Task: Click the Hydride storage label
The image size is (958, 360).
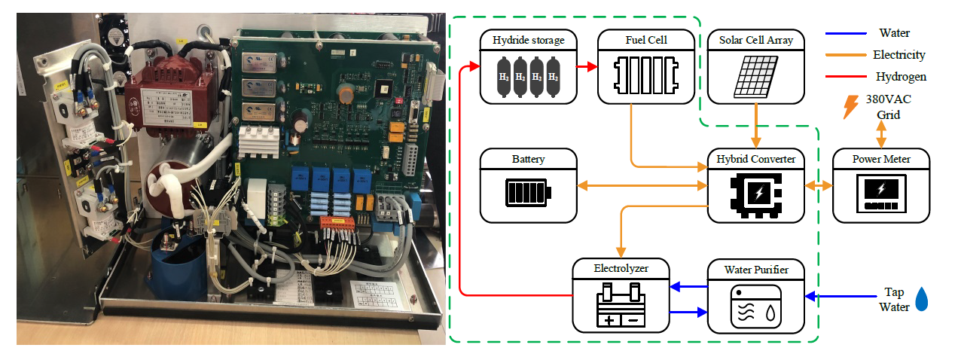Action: pyautogui.click(x=528, y=39)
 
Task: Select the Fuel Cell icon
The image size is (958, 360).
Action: pyautogui.click(x=645, y=76)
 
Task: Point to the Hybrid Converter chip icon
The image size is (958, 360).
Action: pyautogui.click(x=755, y=194)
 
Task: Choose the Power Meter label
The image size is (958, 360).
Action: pyautogui.click(x=881, y=159)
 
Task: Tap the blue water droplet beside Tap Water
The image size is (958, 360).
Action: pyautogui.click(x=921, y=299)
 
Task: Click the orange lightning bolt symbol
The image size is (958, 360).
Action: pyautogui.click(x=850, y=106)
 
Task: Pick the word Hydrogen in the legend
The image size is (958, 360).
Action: pyautogui.click(x=901, y=76)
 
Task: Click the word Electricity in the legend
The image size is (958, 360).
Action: pyautogui.click(x=899, y=55)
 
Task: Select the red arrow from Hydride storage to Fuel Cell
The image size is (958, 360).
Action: pyautogui.click(x=587, y=66)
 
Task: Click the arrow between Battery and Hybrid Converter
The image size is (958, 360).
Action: pyautogui.click(x=642, y=185)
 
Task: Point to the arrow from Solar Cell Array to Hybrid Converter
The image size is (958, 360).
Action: pyautogui.click(x=755, y=125)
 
